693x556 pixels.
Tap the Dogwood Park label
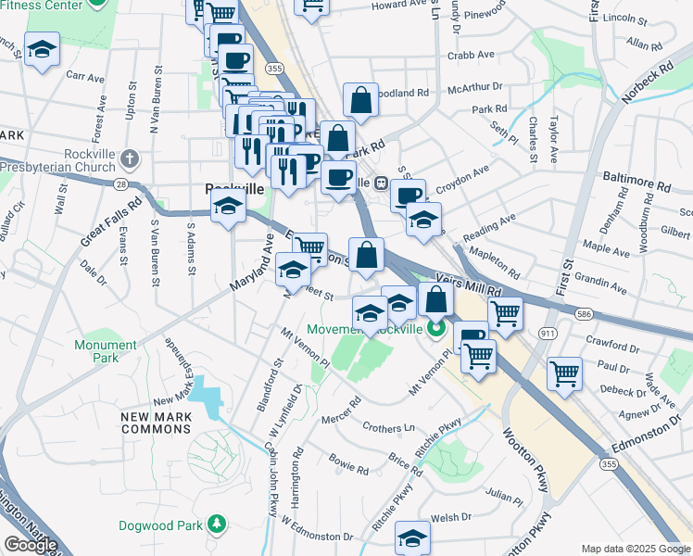tap(160, 525)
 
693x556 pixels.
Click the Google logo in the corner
tap(31, 545)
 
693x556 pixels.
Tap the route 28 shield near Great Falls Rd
tap(122, 185)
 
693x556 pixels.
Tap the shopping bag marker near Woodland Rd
tap(360, 98)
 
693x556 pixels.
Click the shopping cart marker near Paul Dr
tap(564, 373)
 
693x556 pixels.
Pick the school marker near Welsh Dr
tap(412, 537)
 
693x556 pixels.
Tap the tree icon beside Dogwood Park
tap(217, 525)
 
